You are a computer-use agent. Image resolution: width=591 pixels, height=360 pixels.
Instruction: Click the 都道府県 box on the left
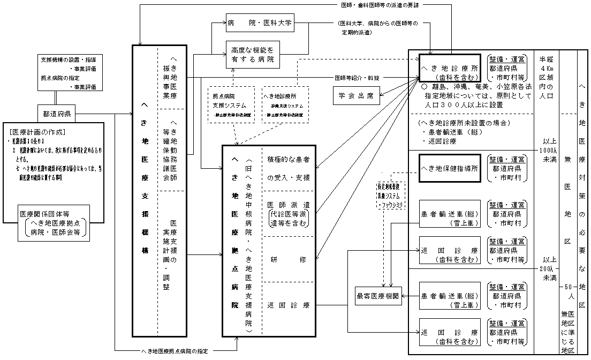[60, 113]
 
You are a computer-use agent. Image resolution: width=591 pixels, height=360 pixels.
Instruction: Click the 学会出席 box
[357, 97]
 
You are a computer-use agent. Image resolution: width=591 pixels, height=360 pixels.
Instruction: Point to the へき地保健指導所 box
[449, 168]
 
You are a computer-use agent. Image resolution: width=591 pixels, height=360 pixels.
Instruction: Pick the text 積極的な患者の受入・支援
[288, 168]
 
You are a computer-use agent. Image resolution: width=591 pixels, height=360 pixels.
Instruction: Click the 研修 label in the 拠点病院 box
[288, 259]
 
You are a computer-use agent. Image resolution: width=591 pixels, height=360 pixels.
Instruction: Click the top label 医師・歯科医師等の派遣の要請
[380, 5]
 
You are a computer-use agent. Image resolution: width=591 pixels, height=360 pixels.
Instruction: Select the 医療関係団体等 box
[52, 225]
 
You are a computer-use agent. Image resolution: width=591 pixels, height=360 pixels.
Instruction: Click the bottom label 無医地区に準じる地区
[567, 332]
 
